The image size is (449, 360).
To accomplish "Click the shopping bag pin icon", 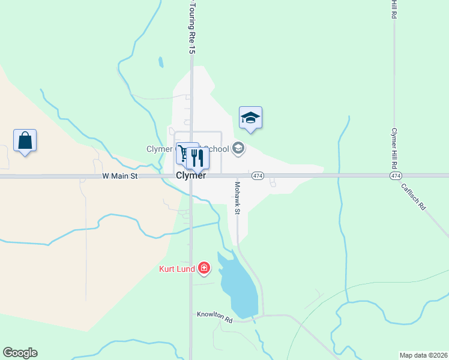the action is click(x=25, y=141).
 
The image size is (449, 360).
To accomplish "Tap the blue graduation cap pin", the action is click(x=250, y=118).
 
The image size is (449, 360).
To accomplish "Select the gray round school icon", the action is click(x=238, y=148).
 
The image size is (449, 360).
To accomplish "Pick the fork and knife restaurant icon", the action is click(x=197, y=158).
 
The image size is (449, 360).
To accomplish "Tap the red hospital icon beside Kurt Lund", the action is click(x=204, y=268).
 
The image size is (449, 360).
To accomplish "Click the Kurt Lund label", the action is click(x=176, y=269).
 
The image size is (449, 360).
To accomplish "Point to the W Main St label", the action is click(x=120, y=176).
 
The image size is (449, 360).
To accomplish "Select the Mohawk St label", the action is click(x=237, y=198).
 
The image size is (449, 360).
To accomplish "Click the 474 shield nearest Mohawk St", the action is click(x=258, y=176).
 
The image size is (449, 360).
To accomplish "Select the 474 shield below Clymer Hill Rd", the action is click(x=395, y=176).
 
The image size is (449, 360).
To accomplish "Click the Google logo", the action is click(x=20, y=353).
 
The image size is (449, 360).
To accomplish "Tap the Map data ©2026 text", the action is click(x=423, y=355).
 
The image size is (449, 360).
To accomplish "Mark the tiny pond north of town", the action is click(x=160, y=62).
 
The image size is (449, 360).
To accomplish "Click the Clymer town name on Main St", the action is click(x=191, y=176).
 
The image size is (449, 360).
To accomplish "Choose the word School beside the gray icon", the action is click(x=217, y=149).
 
